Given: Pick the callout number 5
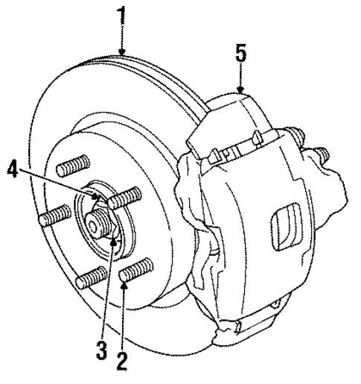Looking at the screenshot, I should click(240, 55).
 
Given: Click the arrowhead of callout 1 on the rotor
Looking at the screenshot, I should click(122, 54).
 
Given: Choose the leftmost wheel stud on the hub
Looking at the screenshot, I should click(54, 217).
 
